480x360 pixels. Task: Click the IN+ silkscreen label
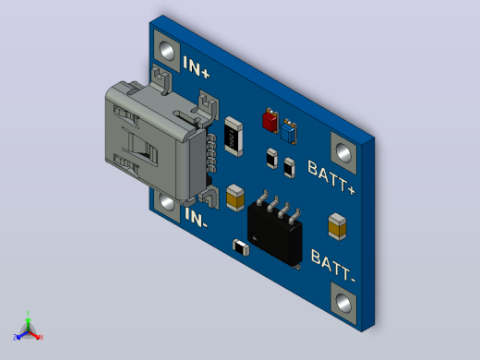pyautogui.click(x=197, y=66)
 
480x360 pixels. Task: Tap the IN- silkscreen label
pyautogui.click(x=196, y=218)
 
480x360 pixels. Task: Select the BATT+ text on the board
pyautogui.click(x=331, y=177)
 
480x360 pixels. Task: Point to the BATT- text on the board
pyautogui.click(x=333, y=266)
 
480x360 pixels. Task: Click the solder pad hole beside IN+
pyautogui.click(x=166, y=51)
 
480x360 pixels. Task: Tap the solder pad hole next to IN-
pyautogui.click(x=167, y=203)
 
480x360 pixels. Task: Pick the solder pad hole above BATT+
pyautogui.click(x=343, y=152)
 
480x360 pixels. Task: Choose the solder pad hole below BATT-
pyautogui.click(x=343, y=303)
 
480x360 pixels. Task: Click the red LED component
pyautogui.click(x=270, y=121)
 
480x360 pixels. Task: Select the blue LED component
pyautogui.click(x=289, y=131)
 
